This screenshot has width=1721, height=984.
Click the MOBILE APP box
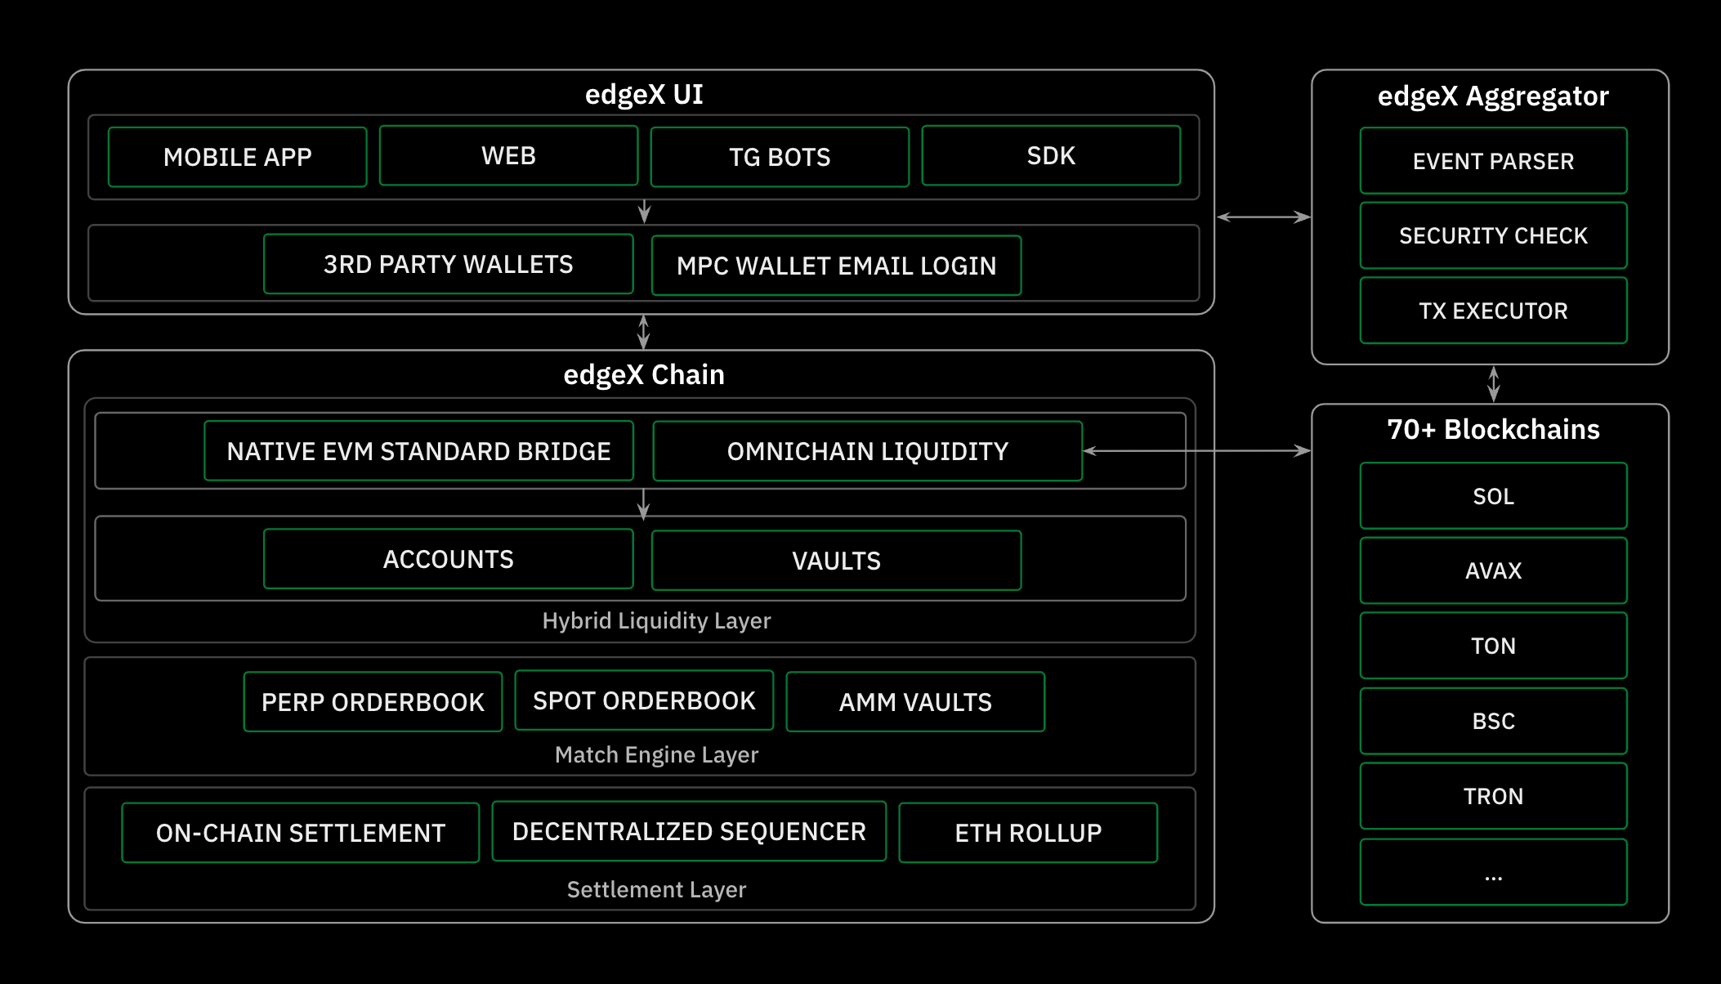[x=237, y=157]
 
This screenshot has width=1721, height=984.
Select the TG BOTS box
[x=780, y=157]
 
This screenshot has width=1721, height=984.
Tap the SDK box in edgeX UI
[x=1051, y=156]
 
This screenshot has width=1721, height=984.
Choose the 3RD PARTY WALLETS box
[x=448, y=264]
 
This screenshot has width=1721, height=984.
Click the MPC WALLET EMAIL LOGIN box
[x=836, y=266]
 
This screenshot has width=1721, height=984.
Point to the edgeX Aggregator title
[x=1492, y=96]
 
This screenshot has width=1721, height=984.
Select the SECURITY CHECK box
[x=1493, y=235]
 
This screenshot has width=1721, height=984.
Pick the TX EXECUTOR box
[x=1493, y=311]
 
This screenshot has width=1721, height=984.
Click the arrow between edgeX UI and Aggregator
[x=1263, y=217]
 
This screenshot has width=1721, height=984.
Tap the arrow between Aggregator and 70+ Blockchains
[x=1494, y=383]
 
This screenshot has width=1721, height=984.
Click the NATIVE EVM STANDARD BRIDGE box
[x=418, y=451]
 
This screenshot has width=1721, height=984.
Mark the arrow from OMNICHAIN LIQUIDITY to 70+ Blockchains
[x=1197, y=450]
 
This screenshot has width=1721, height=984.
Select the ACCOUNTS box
[x=448, y=559]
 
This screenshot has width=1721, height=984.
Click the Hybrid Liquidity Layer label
[x=656, y=621]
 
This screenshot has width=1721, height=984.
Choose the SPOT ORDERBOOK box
[x=644, y=700]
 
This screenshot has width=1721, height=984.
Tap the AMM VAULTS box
[x=915, y=702]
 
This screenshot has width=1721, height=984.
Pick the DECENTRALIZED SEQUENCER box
[x=689, y=831]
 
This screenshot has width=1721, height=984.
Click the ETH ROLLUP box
[x=1028, y=833]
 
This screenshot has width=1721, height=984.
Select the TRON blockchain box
[x=1493, y=796]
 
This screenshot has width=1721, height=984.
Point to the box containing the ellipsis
[x=1493, y=872]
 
